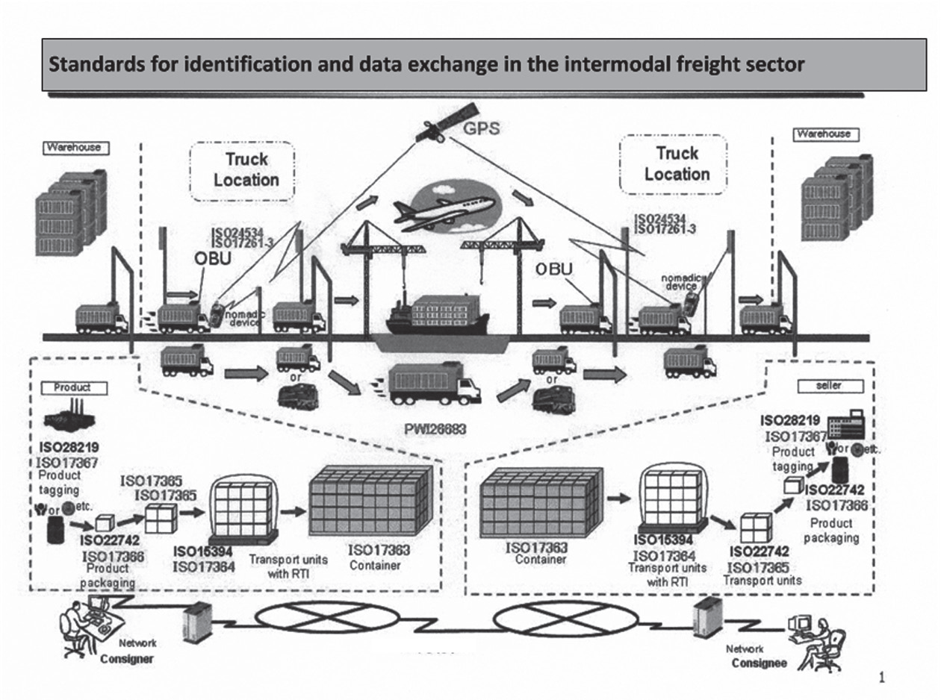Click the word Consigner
[x=127, y=660]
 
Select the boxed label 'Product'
[x=72, y=387]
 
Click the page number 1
[x=882, y=678]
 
